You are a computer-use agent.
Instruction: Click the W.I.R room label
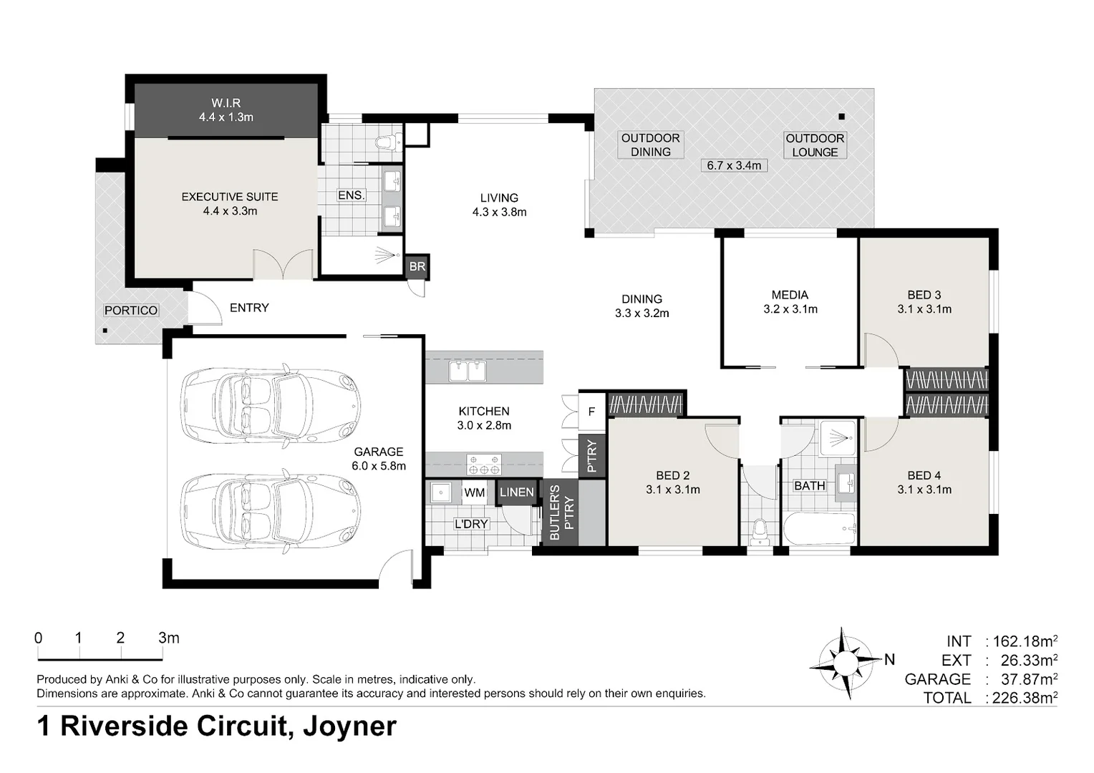tap(226, 110)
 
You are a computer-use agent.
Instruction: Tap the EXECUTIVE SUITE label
tap(229, 203)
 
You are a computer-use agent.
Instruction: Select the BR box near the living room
tap(417, 266)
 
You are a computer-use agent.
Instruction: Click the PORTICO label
tap(131, 310)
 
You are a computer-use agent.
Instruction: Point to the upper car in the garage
tap(269, 403)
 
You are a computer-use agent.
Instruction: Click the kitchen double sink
tap(467, 371)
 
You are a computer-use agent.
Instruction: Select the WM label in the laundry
tap(474, 492)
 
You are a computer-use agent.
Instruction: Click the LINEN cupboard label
tap(516, 492)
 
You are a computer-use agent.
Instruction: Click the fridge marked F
tap(591, 412)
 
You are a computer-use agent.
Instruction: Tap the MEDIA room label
tap(790, 301)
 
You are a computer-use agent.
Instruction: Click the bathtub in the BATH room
tap(819, 530)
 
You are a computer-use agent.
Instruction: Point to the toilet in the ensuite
tap(387, 141)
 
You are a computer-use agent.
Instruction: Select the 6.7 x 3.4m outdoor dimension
tap(733, 165)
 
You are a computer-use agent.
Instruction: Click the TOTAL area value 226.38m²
tap(1025, 697)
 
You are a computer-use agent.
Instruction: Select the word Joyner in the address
tap(349, 726)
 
